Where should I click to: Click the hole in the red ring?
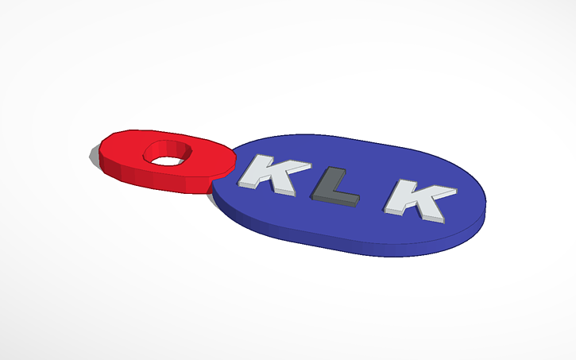coord(168,154)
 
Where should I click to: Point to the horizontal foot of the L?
coord(338,199)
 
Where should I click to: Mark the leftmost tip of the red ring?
coord(91,154)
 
